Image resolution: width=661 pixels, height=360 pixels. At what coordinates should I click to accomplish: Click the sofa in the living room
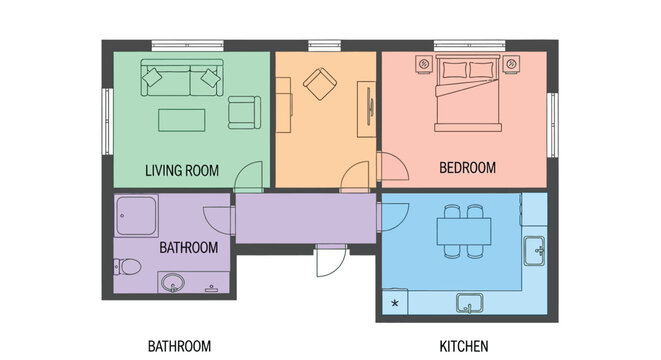(181, 77)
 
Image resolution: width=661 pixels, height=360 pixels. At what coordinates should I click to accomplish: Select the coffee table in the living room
(182, 120)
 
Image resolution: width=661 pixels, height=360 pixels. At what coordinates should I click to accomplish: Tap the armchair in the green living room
(244, 112)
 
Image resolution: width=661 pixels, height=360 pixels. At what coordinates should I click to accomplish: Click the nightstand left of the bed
(420, 66)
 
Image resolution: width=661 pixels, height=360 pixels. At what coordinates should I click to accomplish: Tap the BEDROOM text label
(467, 168)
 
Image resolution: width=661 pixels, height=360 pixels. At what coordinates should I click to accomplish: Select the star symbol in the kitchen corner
(394, 303)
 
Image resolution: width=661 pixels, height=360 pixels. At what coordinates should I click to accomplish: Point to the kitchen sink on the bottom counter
(468, 301)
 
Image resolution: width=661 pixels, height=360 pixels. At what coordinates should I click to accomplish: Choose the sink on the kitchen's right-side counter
(537, 250)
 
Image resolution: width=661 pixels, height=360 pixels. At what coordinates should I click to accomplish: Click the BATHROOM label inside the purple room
(188, 247)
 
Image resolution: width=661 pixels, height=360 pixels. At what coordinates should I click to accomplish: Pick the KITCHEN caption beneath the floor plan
(464, 347)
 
